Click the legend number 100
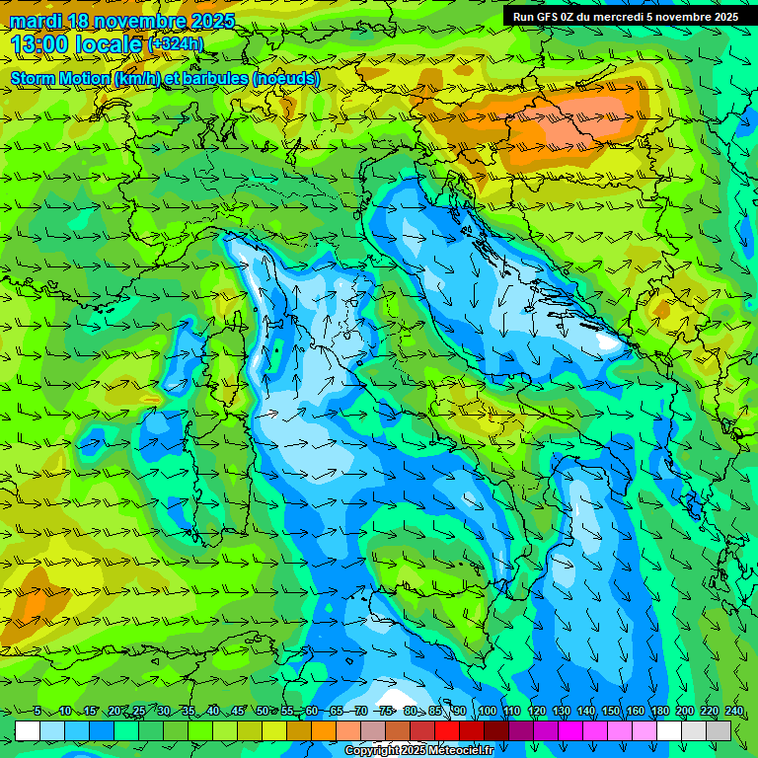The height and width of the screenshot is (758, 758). pos(487,712)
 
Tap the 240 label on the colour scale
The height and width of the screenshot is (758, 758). pos(733,712)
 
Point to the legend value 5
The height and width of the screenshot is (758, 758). pos(38,712)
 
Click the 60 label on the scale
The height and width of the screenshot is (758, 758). pos(312,712)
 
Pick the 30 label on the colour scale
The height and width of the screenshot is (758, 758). pos(163,712)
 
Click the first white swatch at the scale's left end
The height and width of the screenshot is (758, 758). pos(28,730)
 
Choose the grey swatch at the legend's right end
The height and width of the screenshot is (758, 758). pos(719,730)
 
